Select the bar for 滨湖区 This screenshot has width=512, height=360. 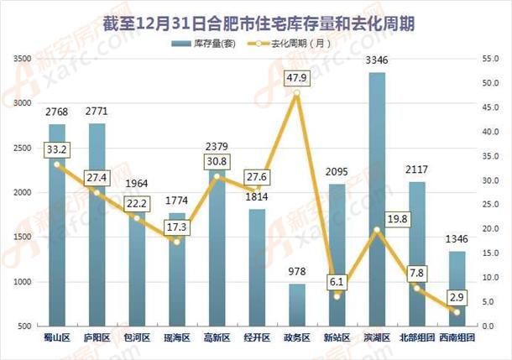[377, 201]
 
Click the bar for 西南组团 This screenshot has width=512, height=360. [457, 290]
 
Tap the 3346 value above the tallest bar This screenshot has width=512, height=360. [377, 61]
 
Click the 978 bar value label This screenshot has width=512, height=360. [296, 272]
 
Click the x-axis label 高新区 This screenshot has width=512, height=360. [217, 338]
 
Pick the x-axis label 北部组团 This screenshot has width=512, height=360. [417, 338]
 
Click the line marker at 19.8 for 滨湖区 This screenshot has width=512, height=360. [377, 230]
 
